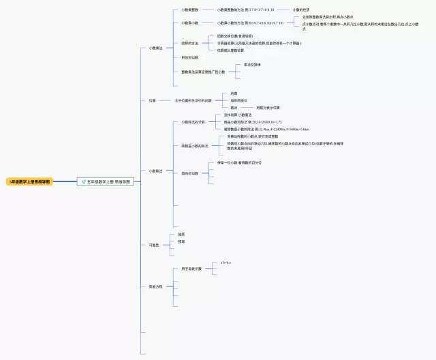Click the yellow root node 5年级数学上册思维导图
[x=30, y=182]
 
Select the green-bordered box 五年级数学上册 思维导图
[x=106, y=182]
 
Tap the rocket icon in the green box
[x=83, y=182]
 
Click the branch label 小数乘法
[x=155, y=48]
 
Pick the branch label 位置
[x=153, y=100]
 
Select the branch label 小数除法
[x=155, y=171]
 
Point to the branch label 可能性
[x=154, y=245]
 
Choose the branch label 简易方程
[x=155, y=286]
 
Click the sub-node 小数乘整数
[x=190, y=10]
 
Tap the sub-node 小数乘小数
[x=190, y=23]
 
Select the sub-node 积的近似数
[x=190, y=58]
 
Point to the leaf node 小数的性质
[x=302, y=10]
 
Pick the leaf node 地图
[x=234, y=93]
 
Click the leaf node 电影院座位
[x=238, y=100]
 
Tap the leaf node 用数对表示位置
[x=268, y=108]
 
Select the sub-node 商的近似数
[x=190, y=173]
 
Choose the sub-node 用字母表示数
[x=191, y=269]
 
